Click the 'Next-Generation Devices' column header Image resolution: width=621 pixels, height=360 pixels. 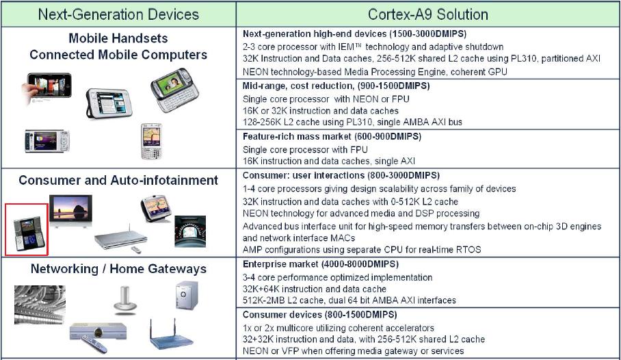coord(118,14)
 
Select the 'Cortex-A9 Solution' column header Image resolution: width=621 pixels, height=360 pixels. coord(427,14)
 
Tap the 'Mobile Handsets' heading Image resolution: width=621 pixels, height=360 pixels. coord(118,38)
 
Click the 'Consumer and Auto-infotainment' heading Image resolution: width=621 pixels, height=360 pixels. coord(118,181)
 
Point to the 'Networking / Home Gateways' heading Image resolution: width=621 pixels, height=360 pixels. coord(118,269)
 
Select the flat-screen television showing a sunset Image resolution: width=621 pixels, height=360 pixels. coord(70,211)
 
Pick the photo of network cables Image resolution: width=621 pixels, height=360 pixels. coord(40,305)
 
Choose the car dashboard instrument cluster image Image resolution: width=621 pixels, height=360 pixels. coord(190,231)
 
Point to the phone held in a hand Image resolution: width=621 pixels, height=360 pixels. coord(47,88)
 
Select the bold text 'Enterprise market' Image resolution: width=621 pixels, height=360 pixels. coord(280,264)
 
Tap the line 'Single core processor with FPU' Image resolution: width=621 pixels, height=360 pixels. coord(305,149)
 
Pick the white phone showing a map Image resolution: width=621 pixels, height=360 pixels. coord(151,141)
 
